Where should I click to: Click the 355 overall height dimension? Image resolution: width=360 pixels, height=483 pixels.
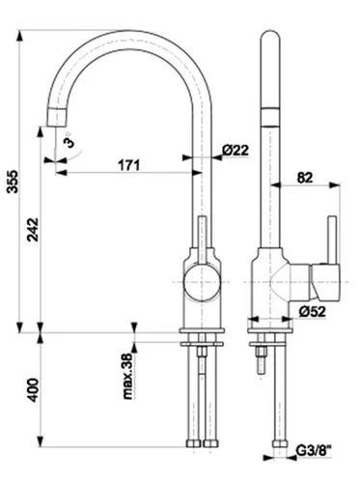coord(14,182)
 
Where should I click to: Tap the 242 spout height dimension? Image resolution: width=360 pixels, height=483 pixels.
coord(33,230)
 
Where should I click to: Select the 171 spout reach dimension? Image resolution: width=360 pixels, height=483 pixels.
coord(129,165)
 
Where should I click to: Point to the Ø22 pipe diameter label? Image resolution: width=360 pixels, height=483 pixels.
coord(235,150)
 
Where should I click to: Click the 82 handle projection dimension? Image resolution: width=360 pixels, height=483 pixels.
coord(305,178)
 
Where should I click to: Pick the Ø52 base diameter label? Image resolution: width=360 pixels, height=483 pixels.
coord(312,311)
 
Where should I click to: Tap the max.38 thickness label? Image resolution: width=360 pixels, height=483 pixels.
coord(128,376)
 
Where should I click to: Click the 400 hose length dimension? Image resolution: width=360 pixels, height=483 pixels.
coord(33,390)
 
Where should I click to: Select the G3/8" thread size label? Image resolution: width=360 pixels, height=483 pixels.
coord(314,451)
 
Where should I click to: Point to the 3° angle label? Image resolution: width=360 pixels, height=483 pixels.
coord(69,140)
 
